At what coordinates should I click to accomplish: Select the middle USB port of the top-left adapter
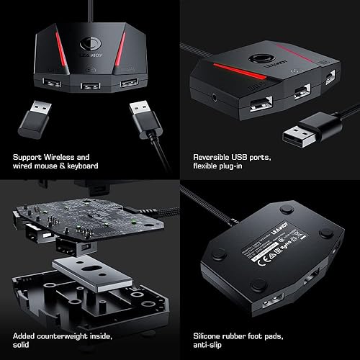(x=91, y=86)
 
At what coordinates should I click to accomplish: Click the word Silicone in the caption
(x=212, y=335)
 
